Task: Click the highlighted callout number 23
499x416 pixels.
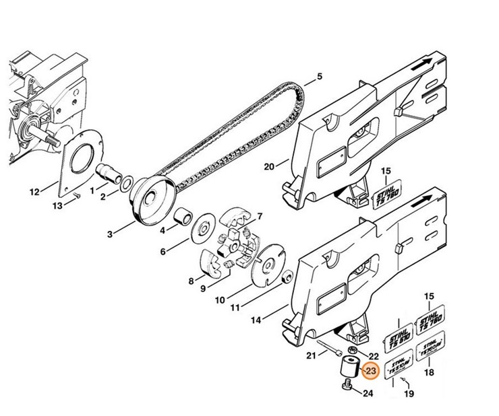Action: (370, 371)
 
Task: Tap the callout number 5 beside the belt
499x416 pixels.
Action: (319, 76)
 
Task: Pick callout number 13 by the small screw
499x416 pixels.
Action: (57, 205)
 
